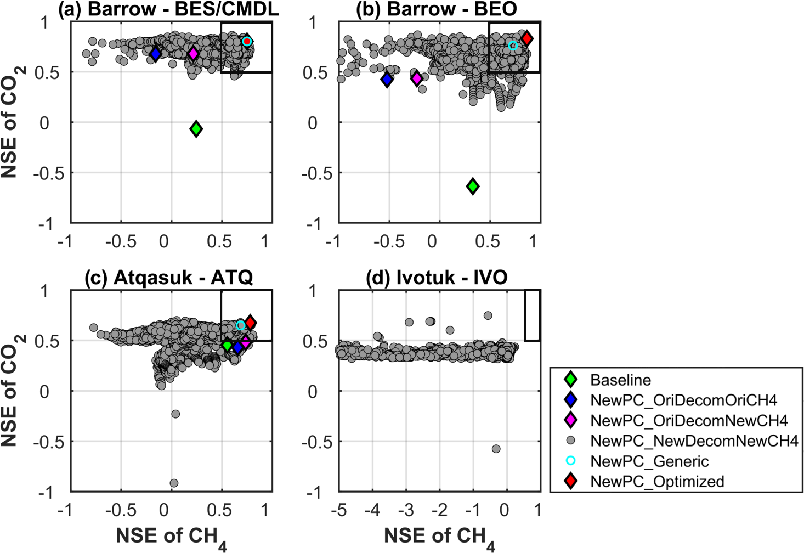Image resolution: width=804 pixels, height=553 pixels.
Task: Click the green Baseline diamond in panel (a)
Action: click(196, 129)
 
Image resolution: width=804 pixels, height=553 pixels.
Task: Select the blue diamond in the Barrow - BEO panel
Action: click(387, 79)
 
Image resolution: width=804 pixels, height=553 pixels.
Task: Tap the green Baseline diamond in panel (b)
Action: click(473, 187)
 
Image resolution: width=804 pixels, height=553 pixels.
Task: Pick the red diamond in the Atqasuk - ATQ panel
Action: click(250, 323)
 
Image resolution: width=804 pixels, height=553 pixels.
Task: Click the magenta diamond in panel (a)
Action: click(193, 54)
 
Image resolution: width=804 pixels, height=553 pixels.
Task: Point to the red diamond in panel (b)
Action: click(526, 38)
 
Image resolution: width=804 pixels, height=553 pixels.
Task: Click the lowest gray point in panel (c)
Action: click(174, 483)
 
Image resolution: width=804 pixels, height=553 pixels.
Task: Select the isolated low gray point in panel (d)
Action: click(496, 449)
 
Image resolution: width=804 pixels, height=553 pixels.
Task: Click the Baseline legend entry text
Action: click(620, 380)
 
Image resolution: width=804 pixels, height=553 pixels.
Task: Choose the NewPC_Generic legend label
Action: click(649, 461)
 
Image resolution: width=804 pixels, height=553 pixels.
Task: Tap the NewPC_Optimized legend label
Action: click(657, 482)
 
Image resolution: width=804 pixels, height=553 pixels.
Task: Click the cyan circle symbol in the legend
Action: click(570, 461)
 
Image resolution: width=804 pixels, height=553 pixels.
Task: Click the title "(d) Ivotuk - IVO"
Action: click(437, 278)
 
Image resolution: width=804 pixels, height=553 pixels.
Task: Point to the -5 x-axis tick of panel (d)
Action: click(339, 510)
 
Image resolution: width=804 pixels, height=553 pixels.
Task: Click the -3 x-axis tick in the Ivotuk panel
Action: click(406, 510)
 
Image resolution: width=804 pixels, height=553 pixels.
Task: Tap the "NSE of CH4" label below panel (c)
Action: click(171, 537)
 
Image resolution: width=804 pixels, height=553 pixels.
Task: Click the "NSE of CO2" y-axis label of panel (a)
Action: click(12, 122)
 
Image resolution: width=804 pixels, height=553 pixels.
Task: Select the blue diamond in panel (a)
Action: click(155, 54)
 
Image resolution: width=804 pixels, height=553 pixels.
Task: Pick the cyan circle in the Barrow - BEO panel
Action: click(513, 46)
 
